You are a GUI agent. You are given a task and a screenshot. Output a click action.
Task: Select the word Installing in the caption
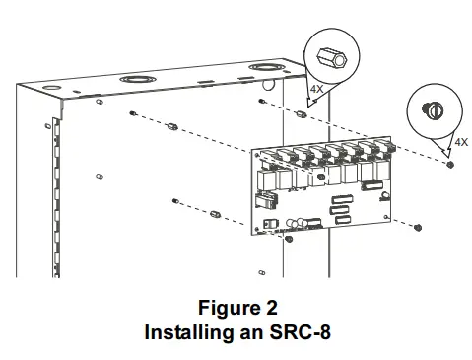181,332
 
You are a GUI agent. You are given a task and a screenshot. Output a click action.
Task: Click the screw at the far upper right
450,164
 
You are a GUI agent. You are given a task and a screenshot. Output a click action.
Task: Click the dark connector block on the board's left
263,201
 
